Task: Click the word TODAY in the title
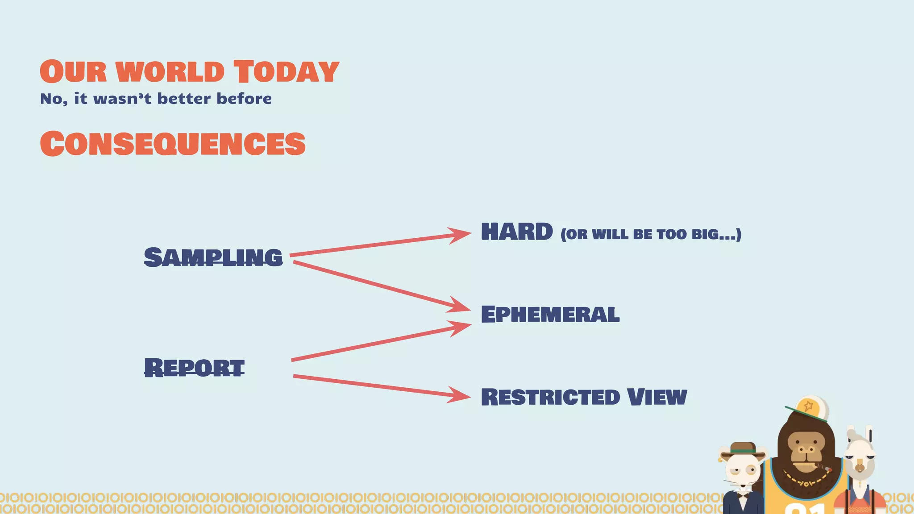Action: tap(286, 72)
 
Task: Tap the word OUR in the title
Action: tap(74, 72)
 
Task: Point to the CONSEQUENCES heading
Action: tap(173, 144)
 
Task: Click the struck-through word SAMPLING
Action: tap(213, 257)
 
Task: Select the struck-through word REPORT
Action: tap(194, 368)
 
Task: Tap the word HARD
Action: tap(517, 232)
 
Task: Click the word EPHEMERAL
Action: tap(550, 314)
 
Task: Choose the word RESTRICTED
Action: tap(551, 397)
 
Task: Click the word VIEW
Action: tap(656, 397)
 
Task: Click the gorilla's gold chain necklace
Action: tap(807, 481)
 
